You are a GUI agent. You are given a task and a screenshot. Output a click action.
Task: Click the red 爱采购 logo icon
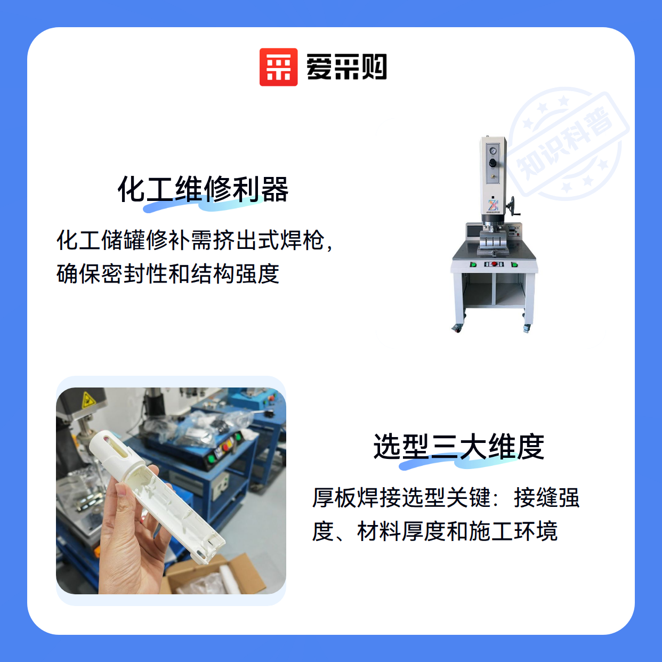tap(278, 67)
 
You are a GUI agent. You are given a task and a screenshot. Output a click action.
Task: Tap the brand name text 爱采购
tap(346, 67)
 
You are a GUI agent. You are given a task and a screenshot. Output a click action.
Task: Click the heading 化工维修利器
tap(203, 189)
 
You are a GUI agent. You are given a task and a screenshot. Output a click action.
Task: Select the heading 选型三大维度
tap(459, 447)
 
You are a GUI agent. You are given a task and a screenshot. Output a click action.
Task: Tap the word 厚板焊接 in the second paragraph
tap(356, 498)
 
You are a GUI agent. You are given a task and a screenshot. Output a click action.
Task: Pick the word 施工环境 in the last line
tap(514, 531)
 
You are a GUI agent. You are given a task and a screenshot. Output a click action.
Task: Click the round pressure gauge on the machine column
tap(493, 151)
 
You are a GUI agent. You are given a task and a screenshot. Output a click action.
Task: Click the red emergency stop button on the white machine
tap(494, 264)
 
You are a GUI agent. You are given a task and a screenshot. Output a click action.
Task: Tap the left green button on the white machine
tap(473, 264)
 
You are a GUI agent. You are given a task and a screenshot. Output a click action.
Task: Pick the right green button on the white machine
tap(514, 264)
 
